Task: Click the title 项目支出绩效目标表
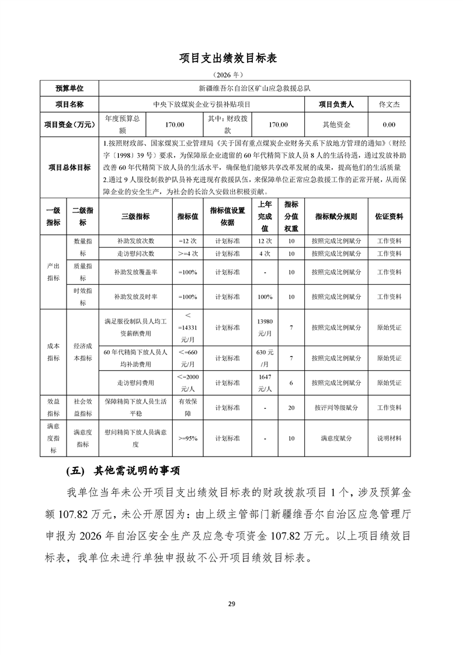[231, 58]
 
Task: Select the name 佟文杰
[389, 104]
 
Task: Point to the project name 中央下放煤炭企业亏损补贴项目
[204, 104]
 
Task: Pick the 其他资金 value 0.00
[389, 124]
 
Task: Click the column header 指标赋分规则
[336, 216]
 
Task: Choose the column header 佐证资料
[389, 216]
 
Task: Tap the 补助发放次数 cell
[135, 241]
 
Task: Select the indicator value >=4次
[189, 254]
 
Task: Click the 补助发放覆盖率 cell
[135, 272]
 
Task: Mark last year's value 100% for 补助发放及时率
[265, 297]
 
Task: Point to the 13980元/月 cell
[265, 327]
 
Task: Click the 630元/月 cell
[265, 358]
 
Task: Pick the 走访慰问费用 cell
[135, 383]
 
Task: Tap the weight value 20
[291, 407]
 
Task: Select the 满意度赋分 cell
[336, 438]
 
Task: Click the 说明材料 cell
[389, 438]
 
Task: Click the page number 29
[231, 604]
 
